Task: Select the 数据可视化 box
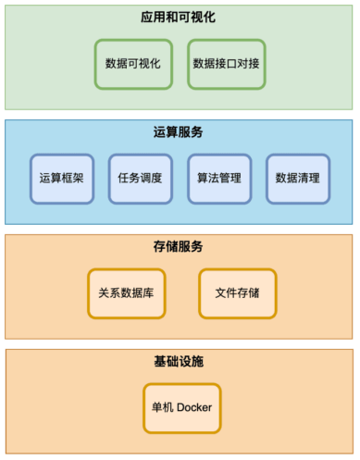click(x=133, y=64)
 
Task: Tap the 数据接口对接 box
click(x=227, y=64)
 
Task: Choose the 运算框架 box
click(x=61, y=178)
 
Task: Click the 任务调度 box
click(x=140, y=178)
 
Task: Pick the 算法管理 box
click(x=219, y=178)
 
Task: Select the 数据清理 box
click(x=298, y=178)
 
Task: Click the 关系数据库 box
click(x=126, y=292)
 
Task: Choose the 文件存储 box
click(x=237, y=292)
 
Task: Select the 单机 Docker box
click(x=182, y=408)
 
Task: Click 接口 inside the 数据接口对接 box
click(x=227, y=64)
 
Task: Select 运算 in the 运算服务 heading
click(x=166, y=132)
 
